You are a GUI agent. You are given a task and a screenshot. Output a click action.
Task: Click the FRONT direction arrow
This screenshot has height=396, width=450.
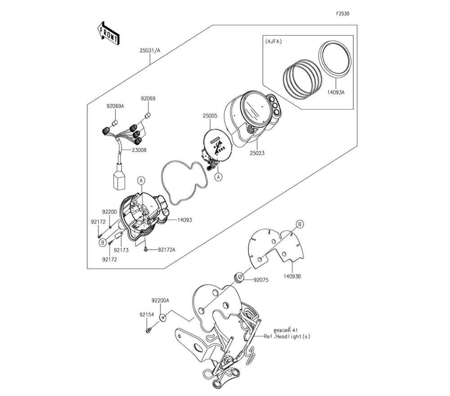[108, 33]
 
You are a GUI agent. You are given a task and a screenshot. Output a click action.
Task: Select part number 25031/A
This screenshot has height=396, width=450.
[149, 51]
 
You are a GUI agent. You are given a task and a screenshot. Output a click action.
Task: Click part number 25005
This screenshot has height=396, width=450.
[210, 116]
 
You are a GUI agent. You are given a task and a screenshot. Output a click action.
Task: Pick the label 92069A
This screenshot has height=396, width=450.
[115, 106]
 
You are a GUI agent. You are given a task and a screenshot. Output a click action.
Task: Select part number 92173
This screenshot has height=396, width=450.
[121, 250]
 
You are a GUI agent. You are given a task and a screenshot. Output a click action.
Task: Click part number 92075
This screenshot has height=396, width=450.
[261, 279]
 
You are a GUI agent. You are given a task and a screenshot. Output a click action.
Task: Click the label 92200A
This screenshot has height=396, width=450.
[161, 300]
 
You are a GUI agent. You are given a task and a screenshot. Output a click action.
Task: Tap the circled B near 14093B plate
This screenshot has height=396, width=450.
[299, 224]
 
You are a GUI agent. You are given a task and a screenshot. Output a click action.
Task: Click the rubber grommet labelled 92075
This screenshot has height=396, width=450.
[239, 278]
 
